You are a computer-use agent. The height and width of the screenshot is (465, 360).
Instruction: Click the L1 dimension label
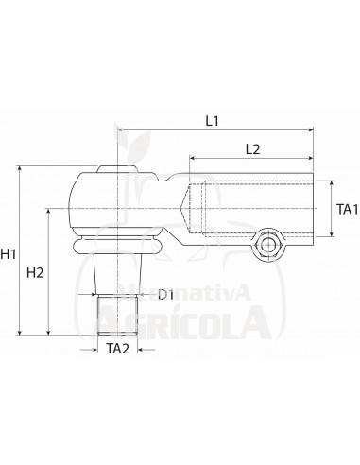click(213, 121)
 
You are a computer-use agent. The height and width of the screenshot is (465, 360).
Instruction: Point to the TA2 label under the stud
click(117, 350)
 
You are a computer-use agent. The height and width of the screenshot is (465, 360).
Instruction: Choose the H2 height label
click(35, 273)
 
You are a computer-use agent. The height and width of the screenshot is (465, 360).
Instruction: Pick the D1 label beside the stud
click(165, 295)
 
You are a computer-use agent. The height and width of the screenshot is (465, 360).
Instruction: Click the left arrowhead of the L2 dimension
click(193, 161)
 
